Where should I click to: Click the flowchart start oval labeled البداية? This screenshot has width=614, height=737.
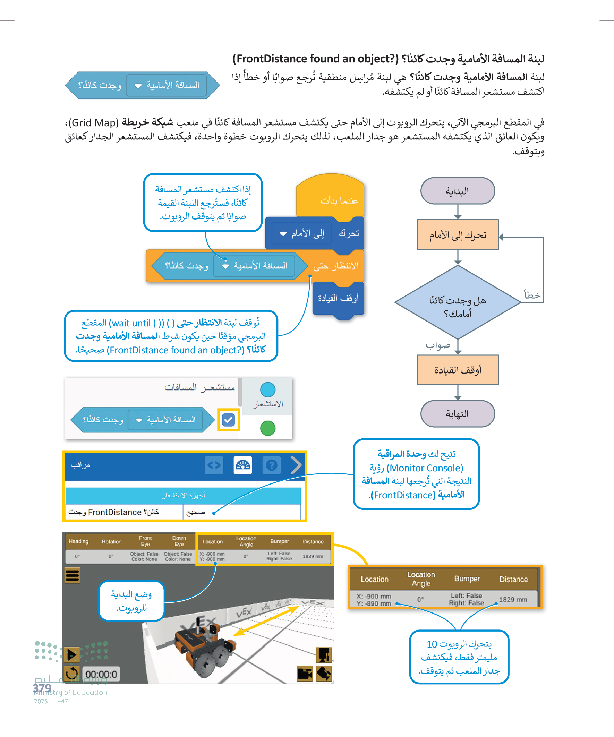click(x=457, y=191)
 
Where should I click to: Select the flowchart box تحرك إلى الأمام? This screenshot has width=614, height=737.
click(x=457, y=235)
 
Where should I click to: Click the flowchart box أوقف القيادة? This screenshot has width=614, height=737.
click(x=457, y=370)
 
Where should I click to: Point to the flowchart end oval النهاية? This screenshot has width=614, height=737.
click(x=457, y=414)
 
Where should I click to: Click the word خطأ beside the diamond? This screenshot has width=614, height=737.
click(x=532, y=295)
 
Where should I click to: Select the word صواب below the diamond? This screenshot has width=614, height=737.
click(x=438, y=345)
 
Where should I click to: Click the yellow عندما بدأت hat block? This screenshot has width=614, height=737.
click(x=330, y=198)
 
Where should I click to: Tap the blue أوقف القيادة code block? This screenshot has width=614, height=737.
click(x=338, y=299)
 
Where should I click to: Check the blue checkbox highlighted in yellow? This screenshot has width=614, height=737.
click(x=229, y=420)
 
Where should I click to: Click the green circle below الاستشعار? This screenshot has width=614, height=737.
click(x=267, y=428)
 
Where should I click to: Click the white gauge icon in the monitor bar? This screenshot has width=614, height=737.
click(x=242, y=465)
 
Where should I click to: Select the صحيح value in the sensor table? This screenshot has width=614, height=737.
click(x=196, y=512)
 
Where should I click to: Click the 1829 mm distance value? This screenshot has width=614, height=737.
click(x=513, y=599)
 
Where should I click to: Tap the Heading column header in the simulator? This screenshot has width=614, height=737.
click(x=78, y=541)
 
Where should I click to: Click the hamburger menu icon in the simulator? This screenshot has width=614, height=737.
click(x=72, y=576)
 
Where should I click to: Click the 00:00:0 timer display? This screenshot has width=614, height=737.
click(x=101, y=674)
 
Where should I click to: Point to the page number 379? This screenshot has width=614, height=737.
click(x=42, y=688)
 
